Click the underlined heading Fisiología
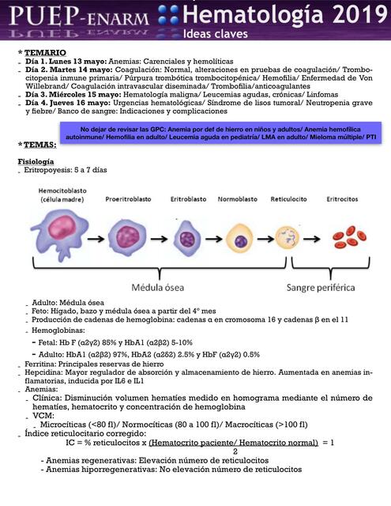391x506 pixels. (36, 160)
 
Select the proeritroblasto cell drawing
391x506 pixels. (126, 236)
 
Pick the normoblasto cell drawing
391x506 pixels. (238, 236)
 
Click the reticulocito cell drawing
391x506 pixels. (288, 235)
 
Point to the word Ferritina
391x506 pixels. (36, 363)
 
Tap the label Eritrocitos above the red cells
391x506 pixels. (346, 198)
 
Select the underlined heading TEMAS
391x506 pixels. (39, 145)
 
